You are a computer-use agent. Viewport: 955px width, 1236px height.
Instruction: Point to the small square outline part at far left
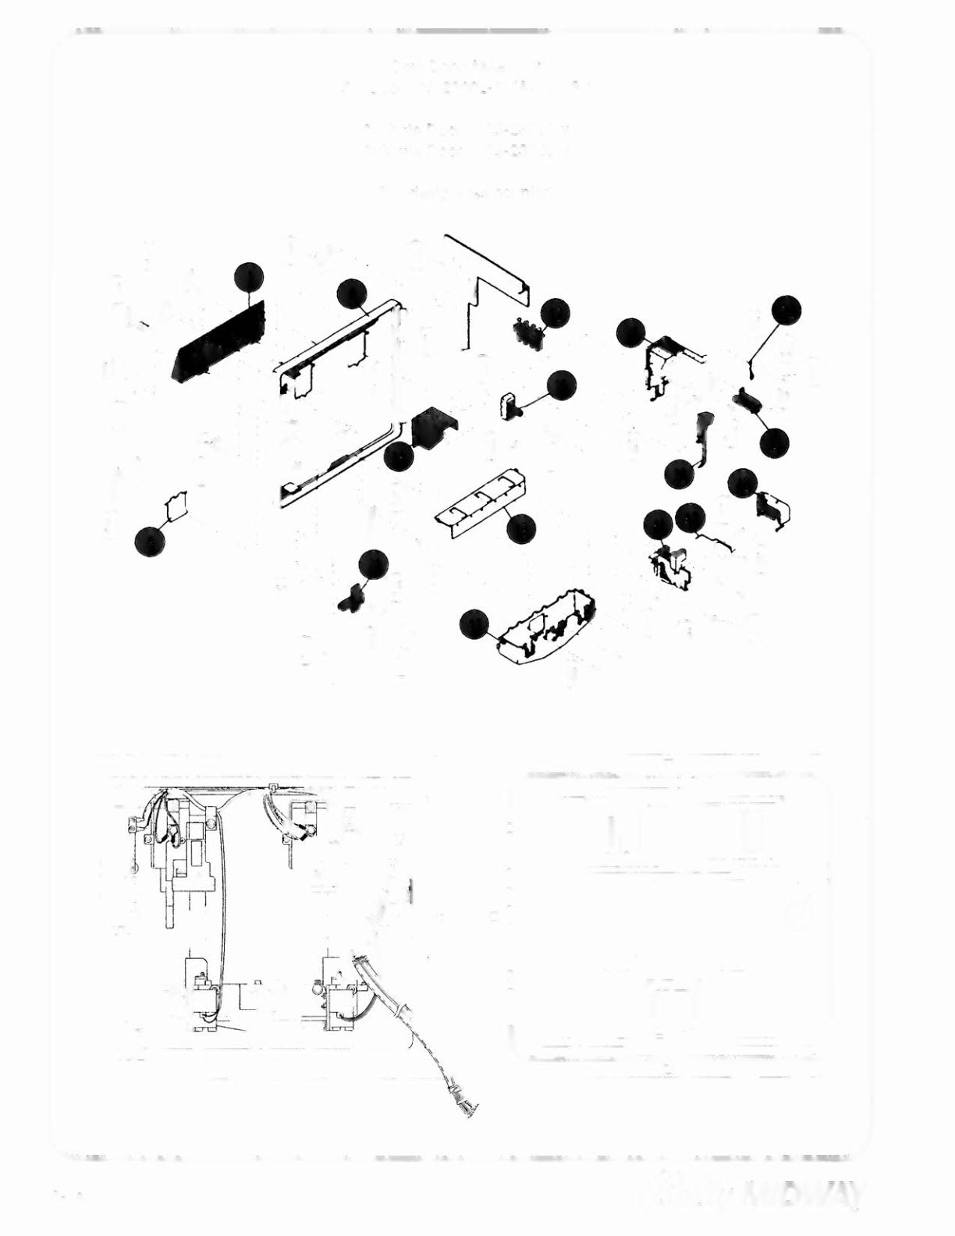(178, 504)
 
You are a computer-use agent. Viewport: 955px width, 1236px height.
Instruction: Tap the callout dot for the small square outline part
(149, 541)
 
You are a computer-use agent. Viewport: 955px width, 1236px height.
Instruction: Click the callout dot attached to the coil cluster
(554, 312)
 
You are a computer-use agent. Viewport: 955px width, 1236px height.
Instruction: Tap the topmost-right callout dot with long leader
(786, 309)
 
